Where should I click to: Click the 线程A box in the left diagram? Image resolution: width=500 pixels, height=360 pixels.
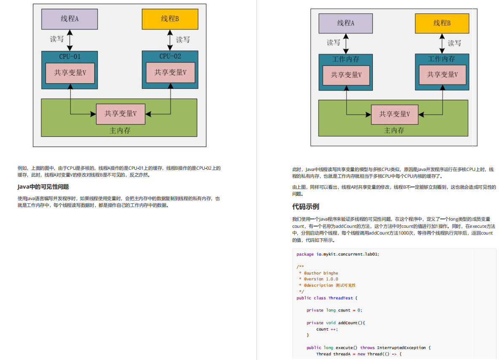pos(70,19)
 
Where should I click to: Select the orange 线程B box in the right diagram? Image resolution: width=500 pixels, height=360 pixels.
pos(442,23)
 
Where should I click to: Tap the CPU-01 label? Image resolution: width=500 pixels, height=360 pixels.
pos(70,56)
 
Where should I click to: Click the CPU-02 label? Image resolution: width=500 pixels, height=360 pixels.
pos(170,56)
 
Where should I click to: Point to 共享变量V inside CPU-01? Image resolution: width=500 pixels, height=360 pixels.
pos(70,73)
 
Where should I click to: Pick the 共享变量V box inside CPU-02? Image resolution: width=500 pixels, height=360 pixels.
pos(170,72)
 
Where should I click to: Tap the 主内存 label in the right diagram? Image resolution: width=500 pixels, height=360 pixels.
pos(394,131)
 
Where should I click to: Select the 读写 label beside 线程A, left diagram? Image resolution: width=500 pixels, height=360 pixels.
pos(57,39)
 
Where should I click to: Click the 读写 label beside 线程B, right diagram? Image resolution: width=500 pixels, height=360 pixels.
pos(454,43)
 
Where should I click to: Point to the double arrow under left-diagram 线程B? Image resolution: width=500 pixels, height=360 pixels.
pos(170,40)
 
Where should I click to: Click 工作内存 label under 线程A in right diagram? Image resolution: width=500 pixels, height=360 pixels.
pos(346,59)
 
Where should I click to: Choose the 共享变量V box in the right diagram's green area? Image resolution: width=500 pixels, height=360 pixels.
pos(395,114)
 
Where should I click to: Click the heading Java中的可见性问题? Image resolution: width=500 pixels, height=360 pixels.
pos(43,187)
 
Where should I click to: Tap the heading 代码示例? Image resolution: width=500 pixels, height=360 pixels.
pos(305,206)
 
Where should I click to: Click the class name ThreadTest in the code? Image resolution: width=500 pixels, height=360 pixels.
pos(341,298)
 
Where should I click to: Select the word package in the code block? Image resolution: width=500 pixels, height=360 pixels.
pos(305,254)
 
